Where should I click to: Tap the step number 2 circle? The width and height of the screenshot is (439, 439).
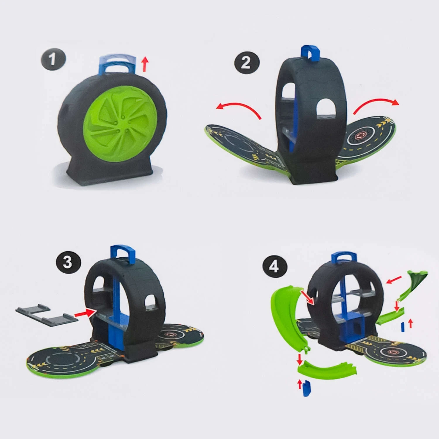tap(247, 62)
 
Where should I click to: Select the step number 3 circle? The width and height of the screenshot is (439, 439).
tap(68, 262)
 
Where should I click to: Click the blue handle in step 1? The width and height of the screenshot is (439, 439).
tap(118, 64)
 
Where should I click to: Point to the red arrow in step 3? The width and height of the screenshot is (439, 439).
tap(86, 313)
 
